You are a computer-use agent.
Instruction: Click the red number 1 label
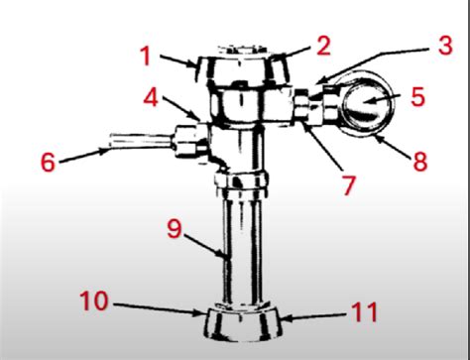(145, 57)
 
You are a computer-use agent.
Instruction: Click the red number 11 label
(364, 313)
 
